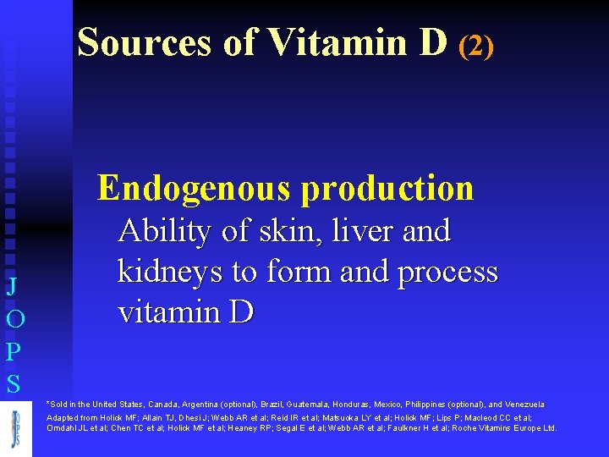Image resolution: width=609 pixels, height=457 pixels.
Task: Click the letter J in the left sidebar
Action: [x=12, y=287]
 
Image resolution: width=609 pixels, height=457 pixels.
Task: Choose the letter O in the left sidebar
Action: [x=13, y=319]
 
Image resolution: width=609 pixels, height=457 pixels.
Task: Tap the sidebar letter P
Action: [x=13, y=350]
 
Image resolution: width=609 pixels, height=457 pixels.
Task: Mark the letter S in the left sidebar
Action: [x=13, y=385]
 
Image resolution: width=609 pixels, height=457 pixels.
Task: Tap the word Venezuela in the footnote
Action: [x=525, y=405]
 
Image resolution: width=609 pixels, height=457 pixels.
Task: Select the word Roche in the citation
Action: [x=467, y=428]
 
